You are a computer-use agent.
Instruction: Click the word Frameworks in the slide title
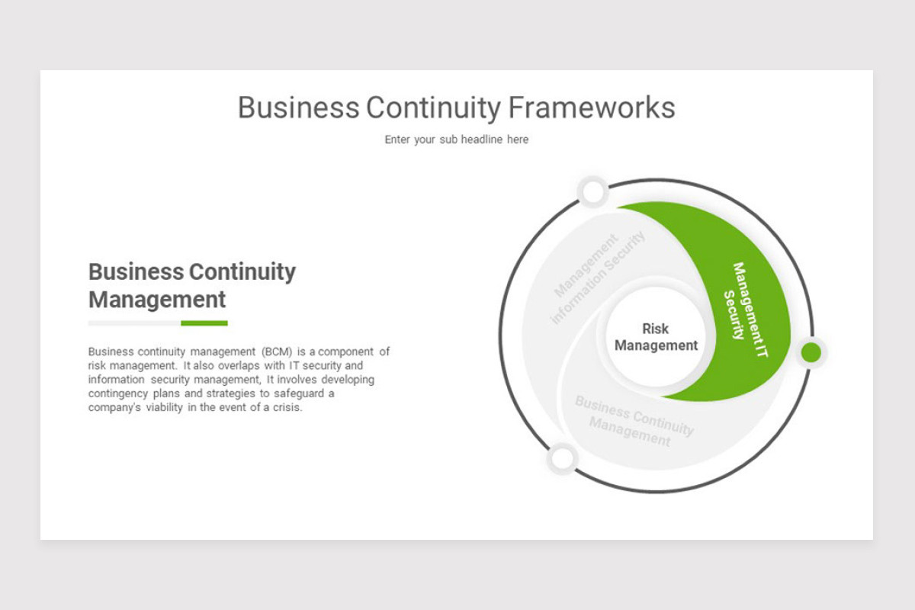coord(592,108)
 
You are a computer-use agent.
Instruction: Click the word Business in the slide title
coord(298,108)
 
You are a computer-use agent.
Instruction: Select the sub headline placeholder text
coord(456,140)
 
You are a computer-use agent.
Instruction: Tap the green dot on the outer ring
coord(811,352)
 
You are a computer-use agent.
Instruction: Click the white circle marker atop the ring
coord(593,192)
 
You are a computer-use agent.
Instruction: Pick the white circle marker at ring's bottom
coord(562,459)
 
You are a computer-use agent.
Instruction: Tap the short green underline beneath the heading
coord(204,323)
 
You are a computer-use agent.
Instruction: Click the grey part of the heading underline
coord(134,323)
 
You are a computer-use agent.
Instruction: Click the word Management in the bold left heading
coord(157,299)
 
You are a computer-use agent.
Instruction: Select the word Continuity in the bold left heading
coord(242,271)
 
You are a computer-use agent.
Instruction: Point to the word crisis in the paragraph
coord(288,407)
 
